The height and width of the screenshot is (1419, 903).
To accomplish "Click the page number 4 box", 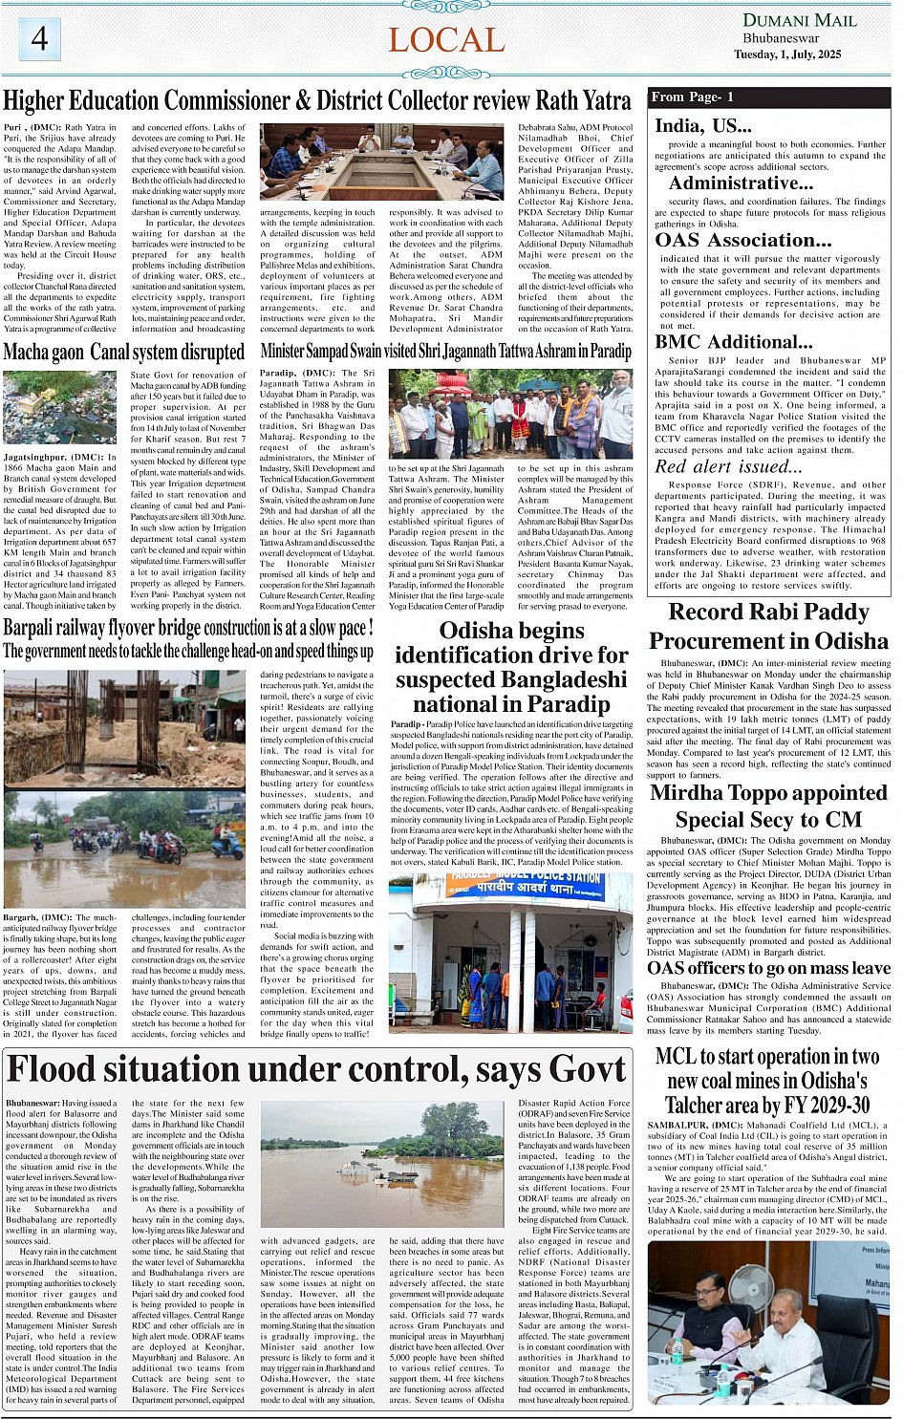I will pyautogui.click(x=39, y=39).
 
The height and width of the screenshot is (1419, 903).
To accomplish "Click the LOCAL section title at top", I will pyautogui.click(x=446, y=40).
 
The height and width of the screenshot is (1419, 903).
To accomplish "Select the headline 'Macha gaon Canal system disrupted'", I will pyautogui.click(x=124, y=353).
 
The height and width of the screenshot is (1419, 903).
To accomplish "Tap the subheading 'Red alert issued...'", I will pyautogui.click(x=728, y=466).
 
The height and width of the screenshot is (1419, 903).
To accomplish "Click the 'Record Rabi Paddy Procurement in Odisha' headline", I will pyautogui.click(x=768, y=626).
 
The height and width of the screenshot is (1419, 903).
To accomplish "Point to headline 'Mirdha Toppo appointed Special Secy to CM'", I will pyautogui.click(x=768, y=806).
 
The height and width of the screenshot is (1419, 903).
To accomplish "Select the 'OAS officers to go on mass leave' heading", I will pyautogui.click(x=768, y=968).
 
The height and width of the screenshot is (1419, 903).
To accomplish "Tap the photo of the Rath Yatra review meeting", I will pyautogui.click(x=382, y=162).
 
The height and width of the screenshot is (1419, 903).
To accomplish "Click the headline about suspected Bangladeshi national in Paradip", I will pyautogui.click(x=511, y=667).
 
